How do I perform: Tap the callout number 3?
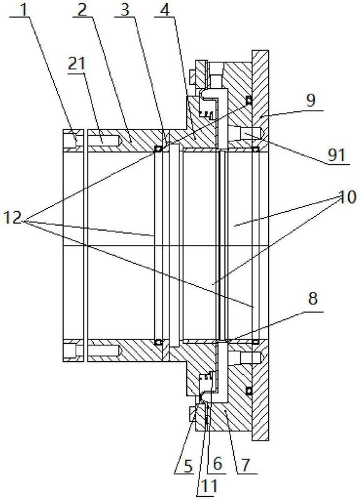click(125, 9)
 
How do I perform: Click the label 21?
click(76, 64)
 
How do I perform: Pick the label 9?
click(310, 100)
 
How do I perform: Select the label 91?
click(337, 154)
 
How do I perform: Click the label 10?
click(347, 197)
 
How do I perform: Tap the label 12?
click(12, 218)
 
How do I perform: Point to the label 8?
click(312, 299)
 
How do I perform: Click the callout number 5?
click(188, 466)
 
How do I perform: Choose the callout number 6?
click(217, 463)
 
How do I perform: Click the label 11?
click(209, 486)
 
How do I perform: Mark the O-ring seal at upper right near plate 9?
click(249, 101)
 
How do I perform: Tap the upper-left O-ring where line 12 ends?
click(158, 149)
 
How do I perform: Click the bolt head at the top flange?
click(192, 77)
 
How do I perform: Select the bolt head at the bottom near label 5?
click(192, 414)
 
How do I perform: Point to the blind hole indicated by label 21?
click(104, 140)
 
